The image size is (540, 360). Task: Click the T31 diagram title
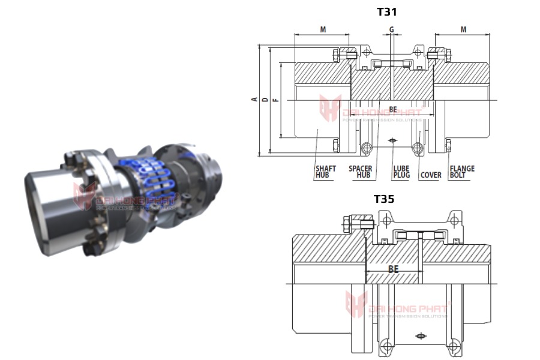tap(386, 11)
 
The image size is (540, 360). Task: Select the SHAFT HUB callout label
tap(325, 172)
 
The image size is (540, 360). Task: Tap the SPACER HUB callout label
tap(359, 172)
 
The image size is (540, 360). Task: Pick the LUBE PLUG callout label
tap(401, 172)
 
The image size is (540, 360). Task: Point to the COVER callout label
tap(430, 175)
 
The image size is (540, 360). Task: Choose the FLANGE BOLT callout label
tap(462, 172)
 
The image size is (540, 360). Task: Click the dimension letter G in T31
tap(391, 29)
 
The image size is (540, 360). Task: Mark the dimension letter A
tap(254, 99)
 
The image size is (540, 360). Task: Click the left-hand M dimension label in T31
tap(323, 29)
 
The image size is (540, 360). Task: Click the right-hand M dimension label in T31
tap(463, 29)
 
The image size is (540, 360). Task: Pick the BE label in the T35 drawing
tap(394, 269)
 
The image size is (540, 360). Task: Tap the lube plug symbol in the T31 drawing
tap(392, 140)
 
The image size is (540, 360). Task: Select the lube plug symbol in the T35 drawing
tap(421, 337)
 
